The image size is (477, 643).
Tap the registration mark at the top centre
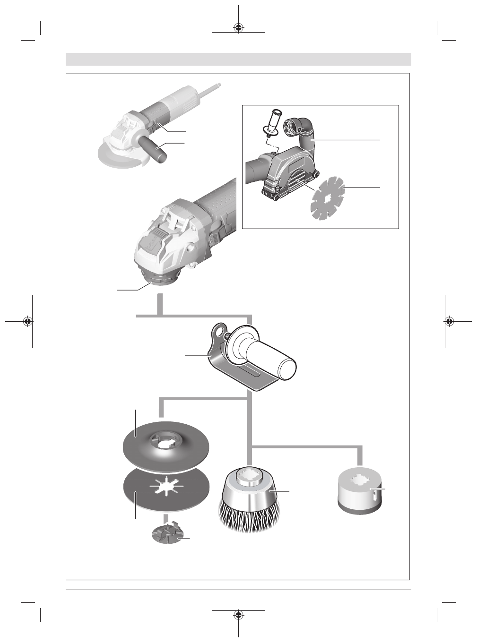pos(239,27)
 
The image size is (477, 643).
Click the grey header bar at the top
pos(238,60)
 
